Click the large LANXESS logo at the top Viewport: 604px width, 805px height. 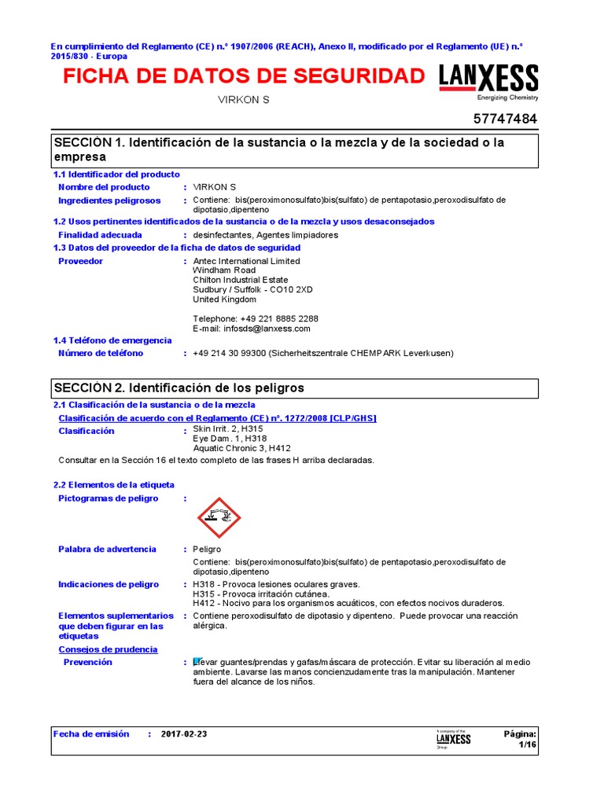tap(488, 80)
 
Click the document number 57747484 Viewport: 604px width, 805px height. tap(506, 119)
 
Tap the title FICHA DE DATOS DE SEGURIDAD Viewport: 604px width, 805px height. tap(244, 76)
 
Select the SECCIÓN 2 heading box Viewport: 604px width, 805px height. tap(295, 388)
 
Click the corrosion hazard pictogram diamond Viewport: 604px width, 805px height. tap(219, 517)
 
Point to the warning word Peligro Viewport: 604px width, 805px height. tap(208, 550)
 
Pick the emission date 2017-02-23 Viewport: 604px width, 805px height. tap(184, 734)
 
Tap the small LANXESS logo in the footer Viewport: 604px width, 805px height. tap(454, 739)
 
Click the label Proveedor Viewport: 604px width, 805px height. tap(80, 261)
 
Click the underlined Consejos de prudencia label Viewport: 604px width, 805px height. tap(108, 649)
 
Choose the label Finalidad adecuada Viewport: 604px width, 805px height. tap(100, 235)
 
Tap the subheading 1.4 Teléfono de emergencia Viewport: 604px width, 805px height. tap(112, 340)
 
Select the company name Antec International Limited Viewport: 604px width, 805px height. tap(246, 261)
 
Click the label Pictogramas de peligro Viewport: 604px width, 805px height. tap(108, 498)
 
